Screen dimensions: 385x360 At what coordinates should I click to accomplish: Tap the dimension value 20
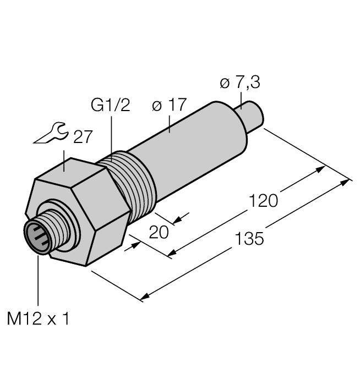159,233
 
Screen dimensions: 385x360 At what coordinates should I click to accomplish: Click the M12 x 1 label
38,318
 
